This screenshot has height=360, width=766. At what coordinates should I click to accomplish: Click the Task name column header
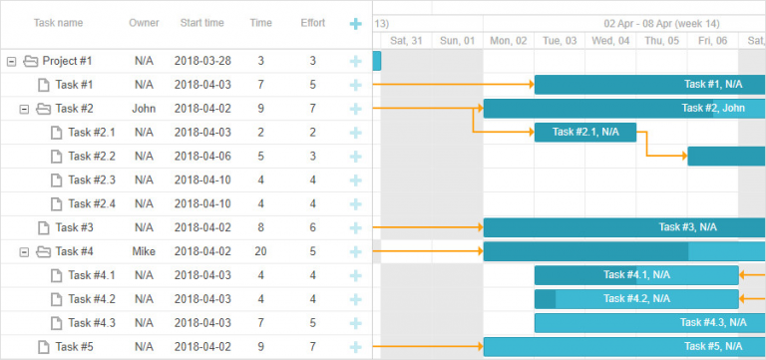[58, 23]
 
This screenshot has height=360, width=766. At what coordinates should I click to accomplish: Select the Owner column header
[144, 23]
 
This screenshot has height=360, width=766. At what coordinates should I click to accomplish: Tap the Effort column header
[312, 23]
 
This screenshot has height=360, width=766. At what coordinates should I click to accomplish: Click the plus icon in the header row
[355, 23]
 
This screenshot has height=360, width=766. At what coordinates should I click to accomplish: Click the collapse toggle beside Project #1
[12, 61]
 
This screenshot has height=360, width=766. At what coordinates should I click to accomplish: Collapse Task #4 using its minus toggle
[25, 251]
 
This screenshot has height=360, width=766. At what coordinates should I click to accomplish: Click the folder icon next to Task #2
[43, 109]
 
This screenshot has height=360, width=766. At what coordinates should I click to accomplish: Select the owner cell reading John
[144, 109]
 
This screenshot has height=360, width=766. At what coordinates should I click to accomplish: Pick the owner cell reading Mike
[144, 251]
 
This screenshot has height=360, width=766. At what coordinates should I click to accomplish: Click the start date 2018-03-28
[202, 61]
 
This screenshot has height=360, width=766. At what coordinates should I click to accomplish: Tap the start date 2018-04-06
[202, 157]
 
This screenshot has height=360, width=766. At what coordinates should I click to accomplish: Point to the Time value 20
[260, 251]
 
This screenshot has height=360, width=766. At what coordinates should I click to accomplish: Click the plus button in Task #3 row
[355, 227]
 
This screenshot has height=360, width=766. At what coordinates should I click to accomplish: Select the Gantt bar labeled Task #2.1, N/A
[585, 132]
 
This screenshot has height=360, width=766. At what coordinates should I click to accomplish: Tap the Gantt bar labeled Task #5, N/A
[624, 347]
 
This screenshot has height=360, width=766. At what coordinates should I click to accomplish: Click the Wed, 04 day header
[610, 41]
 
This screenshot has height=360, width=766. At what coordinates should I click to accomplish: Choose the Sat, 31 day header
[406, 41]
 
